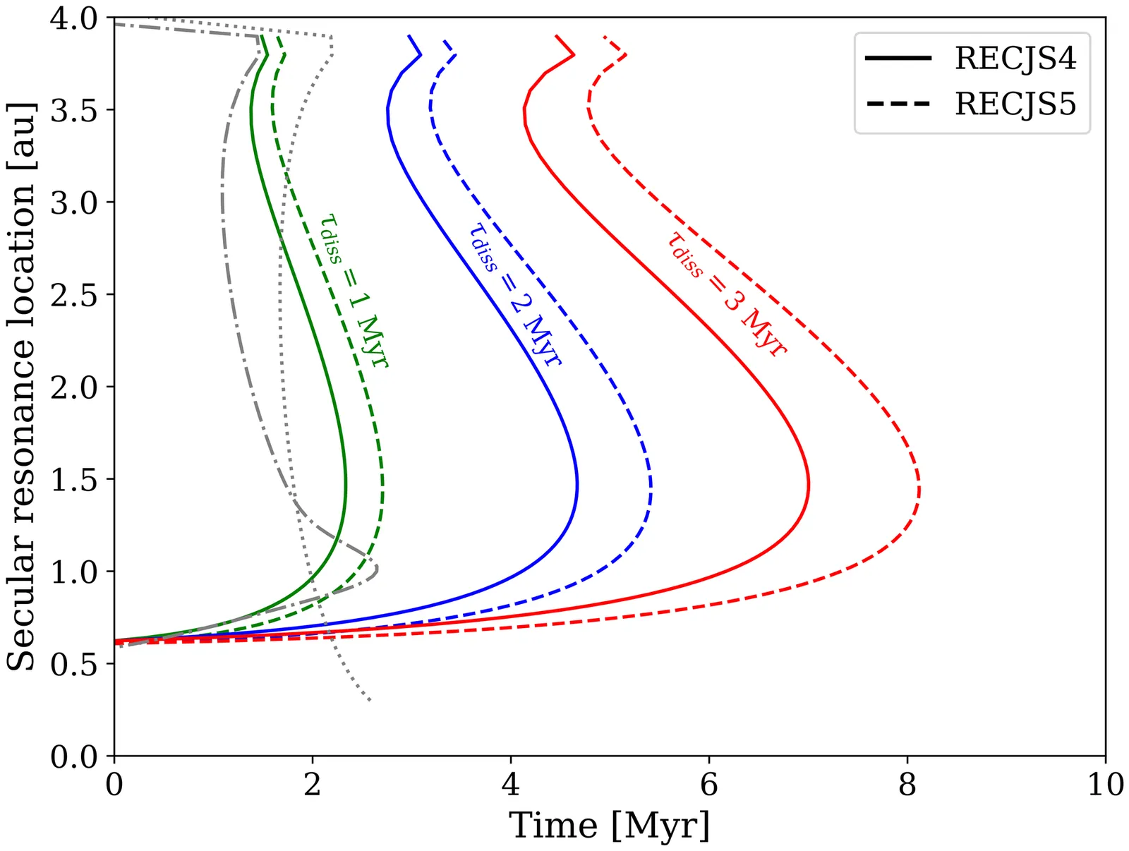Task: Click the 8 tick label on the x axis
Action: coord(907,785)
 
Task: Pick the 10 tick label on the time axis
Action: coord(1105,785)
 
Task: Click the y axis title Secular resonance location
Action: coord(21,387)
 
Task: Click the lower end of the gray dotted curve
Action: coord(370,700)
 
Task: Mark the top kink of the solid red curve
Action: coord(574,54)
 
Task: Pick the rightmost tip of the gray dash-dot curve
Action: coord(378,568)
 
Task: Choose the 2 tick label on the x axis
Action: coord(313,785)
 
